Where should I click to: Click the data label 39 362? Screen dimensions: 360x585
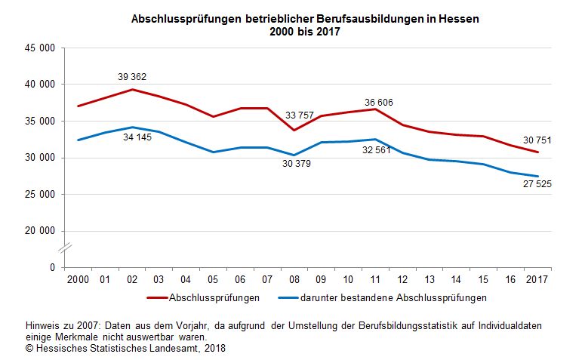(x=132, y=76)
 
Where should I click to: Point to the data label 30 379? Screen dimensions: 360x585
(x=295, y=163)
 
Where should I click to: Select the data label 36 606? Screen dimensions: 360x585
(x=379, y=103)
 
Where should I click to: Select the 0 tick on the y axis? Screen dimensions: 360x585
(x=52, y=268)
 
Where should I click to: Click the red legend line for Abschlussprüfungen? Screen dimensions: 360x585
(x=157, y=297)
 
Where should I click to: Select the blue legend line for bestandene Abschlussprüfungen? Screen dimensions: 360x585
(x=291, y=297)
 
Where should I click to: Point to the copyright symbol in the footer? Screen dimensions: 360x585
(x=29, y=349)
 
